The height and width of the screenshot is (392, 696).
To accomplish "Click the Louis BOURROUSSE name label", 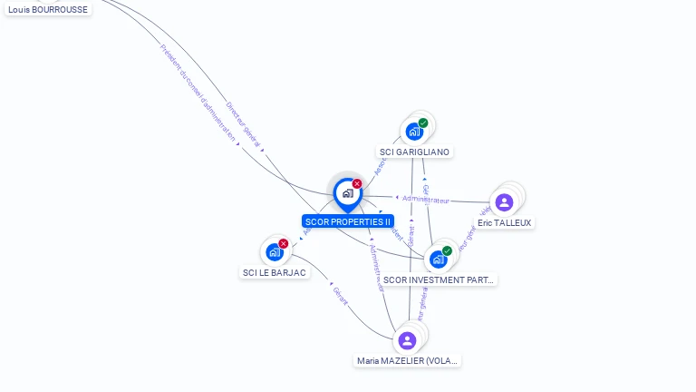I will pyautogui.click(x=47, y=9).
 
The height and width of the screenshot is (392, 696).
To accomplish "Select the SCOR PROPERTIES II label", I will pyautogui.click(x=348, y=221).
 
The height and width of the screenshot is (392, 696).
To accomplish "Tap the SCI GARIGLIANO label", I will pyautogui.click(x=414, y=152).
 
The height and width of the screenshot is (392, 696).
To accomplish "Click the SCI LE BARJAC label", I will pyautogui.click(x=275, y=272).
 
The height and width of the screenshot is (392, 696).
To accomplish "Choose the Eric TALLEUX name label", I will pyautogui.click(x=505, y=222).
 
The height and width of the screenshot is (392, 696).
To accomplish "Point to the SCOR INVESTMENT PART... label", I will pyautogui.click(x=439, y=279).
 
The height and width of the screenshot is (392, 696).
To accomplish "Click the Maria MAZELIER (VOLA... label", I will pyautogui.click(x=408, y=360).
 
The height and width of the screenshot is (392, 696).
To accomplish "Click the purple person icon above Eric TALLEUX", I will pyautogui.click(x=505, y=201).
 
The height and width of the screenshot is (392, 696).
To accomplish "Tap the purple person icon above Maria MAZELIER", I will pyautogui.click(x=407, y=340).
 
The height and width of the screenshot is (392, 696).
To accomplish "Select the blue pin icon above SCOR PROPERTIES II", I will pyautogui.click(x=347, y=193).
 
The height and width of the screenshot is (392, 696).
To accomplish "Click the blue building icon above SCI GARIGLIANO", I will pyautogui.click(x=413, y=131).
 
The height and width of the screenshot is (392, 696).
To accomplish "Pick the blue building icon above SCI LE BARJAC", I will pyautogui.click(x=274, y=251).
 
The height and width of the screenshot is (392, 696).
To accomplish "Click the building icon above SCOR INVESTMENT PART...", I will pyautogui.click(x=438, y=259).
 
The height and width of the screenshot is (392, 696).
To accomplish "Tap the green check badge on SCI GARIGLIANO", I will pyautogui.click(x=423, y=122).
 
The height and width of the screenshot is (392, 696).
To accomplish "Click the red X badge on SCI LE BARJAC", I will pyautogui.click(x=284, y=243).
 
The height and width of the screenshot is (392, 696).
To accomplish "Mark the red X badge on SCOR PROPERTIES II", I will pyautogui.click(x=357, y=184).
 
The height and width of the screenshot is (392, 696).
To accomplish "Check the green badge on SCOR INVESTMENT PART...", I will pyautogui.click(x=447, y=250).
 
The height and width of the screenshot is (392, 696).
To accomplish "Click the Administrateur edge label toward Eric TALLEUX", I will pyautogui.click(x=425, y=199).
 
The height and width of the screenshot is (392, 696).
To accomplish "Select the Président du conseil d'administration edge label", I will pyautogui.click(x=198, y=90).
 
